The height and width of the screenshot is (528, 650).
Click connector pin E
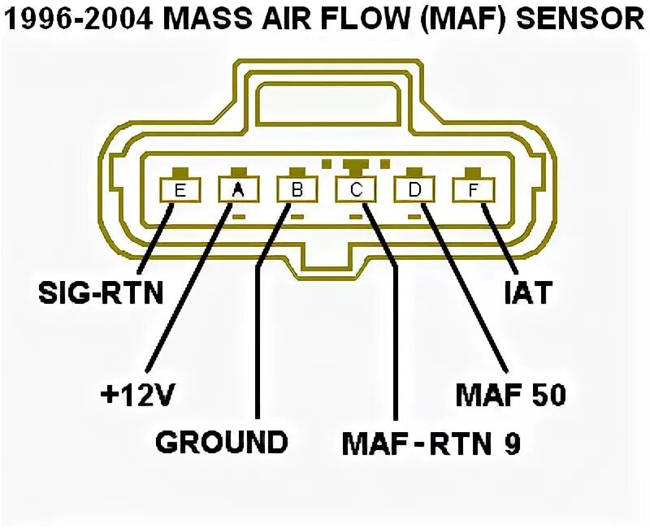click(x=180, y=190)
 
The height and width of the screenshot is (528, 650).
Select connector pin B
click(x=297, y=190)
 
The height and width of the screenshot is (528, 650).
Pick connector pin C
click(x=356, y=190)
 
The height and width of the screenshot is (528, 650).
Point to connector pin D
click(x=414, y=190)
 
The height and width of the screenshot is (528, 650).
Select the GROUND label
click(x=222, y=442)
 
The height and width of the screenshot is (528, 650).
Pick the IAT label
click(x=524, y=292)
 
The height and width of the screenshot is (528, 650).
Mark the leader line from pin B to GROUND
click(x=258, y=341)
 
